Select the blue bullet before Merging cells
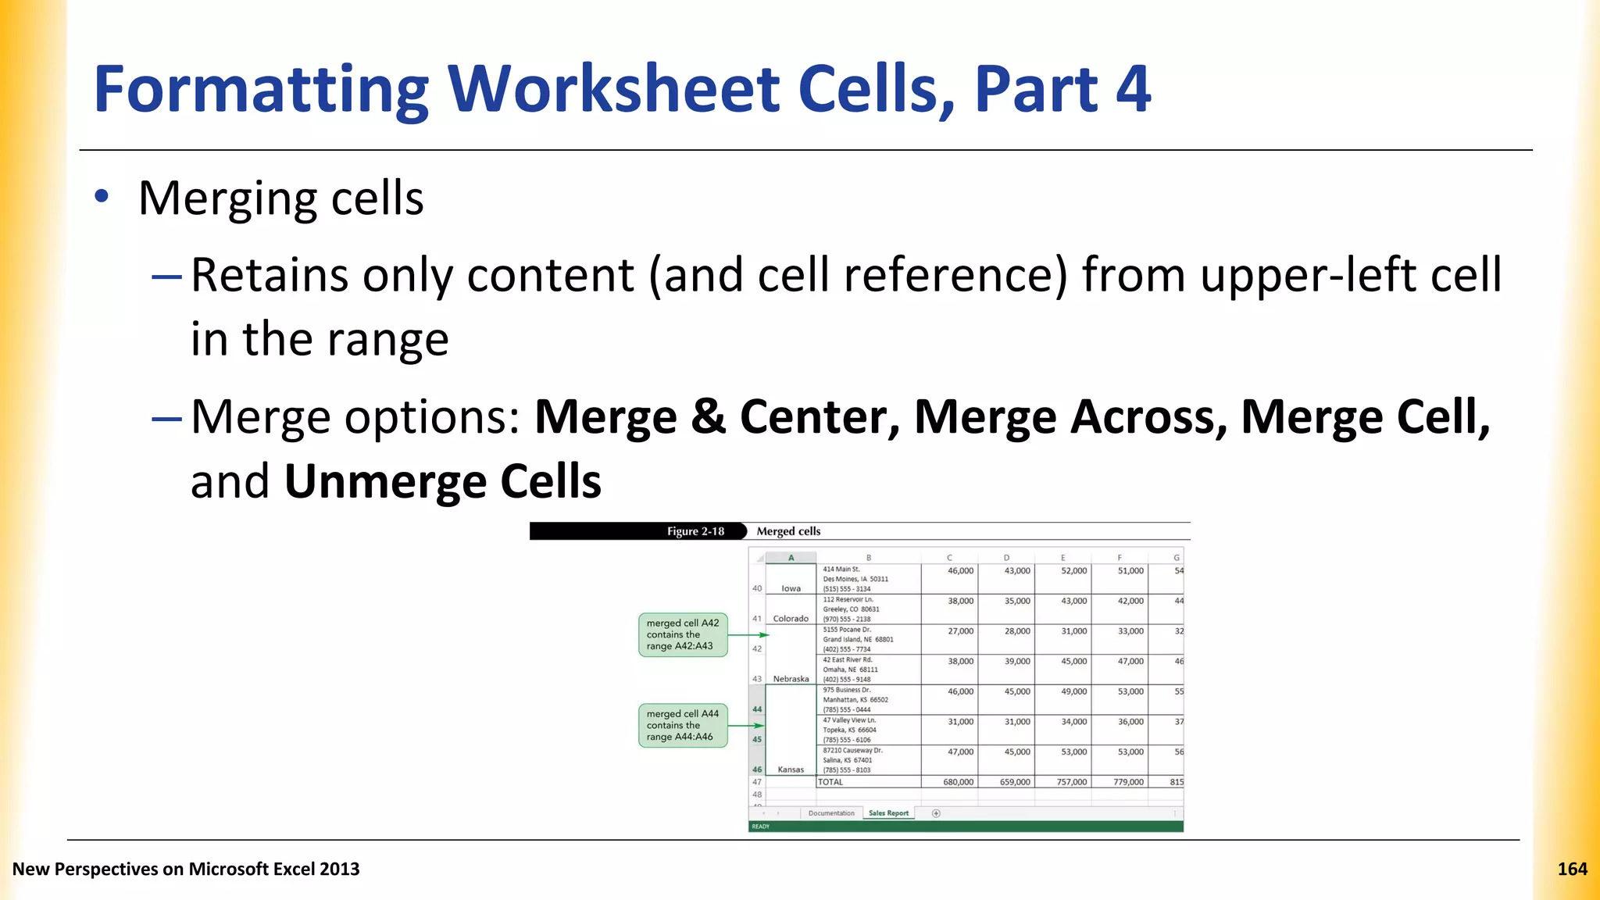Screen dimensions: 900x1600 [102, 197]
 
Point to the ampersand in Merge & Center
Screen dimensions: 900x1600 [708, 416]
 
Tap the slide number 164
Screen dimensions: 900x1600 [1572, 869]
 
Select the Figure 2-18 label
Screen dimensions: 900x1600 [695, 531]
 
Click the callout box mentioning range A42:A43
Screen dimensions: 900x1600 [682, 634]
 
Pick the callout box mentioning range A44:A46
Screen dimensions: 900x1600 [682, 725]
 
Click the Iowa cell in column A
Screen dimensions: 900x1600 [791, 588]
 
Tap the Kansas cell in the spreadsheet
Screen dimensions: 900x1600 [791, 770]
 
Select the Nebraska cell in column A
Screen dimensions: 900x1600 [791, 679]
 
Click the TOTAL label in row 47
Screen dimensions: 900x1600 [830, 782]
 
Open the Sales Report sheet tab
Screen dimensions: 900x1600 [888, 813]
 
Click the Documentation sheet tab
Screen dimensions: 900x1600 [831, 813]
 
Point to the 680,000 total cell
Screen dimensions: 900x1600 [958, 782]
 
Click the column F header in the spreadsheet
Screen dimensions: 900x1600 [1120, 558]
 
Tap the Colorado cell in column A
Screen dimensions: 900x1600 [791, 619]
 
